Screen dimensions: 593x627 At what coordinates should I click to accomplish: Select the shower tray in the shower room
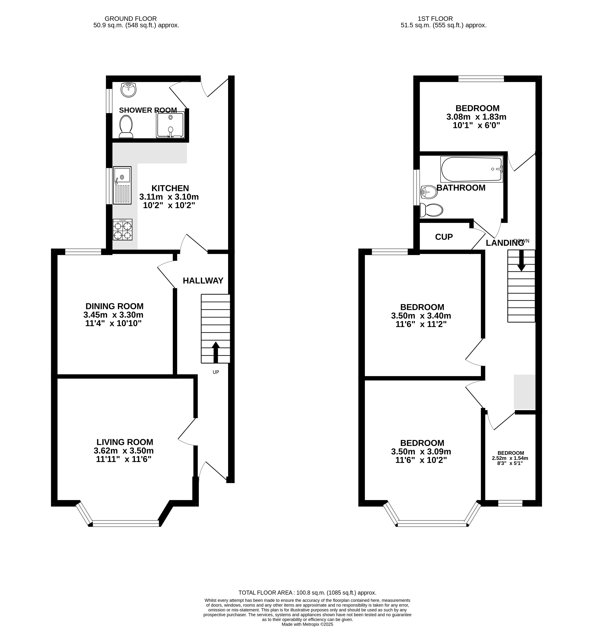tap(170, 125)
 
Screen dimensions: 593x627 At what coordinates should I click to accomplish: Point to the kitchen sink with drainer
tap(122, 185)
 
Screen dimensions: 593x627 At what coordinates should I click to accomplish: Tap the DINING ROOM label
tap(114, 306)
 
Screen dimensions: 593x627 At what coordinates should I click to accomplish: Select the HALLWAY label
tap(203, 281)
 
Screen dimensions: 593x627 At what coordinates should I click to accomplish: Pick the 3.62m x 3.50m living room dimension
tap(124, 451)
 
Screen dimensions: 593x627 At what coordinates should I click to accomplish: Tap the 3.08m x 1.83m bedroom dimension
tap(476, 117)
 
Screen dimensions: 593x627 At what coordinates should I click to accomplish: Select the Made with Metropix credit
tap(307, 624)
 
